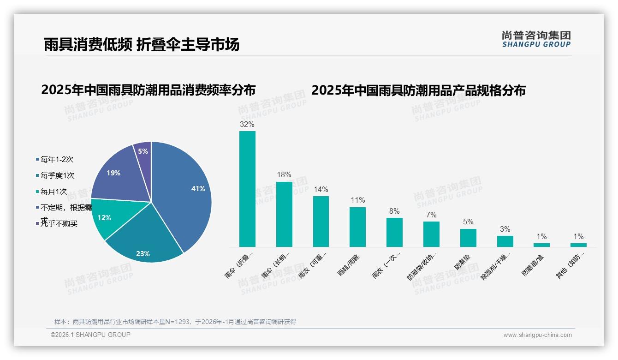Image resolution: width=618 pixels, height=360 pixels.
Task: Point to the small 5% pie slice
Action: coord(143,151)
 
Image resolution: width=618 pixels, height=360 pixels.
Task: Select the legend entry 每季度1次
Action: coord(57,176)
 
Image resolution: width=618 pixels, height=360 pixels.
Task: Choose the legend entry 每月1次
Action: coord(53,192)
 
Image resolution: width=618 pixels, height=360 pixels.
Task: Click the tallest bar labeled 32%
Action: coord(247,189)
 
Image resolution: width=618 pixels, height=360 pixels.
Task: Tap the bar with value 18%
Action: coord(284,214)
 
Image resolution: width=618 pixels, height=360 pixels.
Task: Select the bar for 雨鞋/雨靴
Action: coord(357,227)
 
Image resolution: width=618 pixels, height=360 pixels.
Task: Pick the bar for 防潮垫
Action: coord(468,238)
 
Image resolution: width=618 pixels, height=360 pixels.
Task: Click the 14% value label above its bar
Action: coord(321,190)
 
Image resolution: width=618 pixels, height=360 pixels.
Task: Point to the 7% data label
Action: coord(431,215)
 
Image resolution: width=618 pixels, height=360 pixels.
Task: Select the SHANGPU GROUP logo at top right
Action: coord(536,39)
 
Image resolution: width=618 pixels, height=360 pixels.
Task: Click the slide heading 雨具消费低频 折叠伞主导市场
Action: coord(142,44)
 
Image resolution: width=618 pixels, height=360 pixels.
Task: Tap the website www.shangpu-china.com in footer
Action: coord(537,335)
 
